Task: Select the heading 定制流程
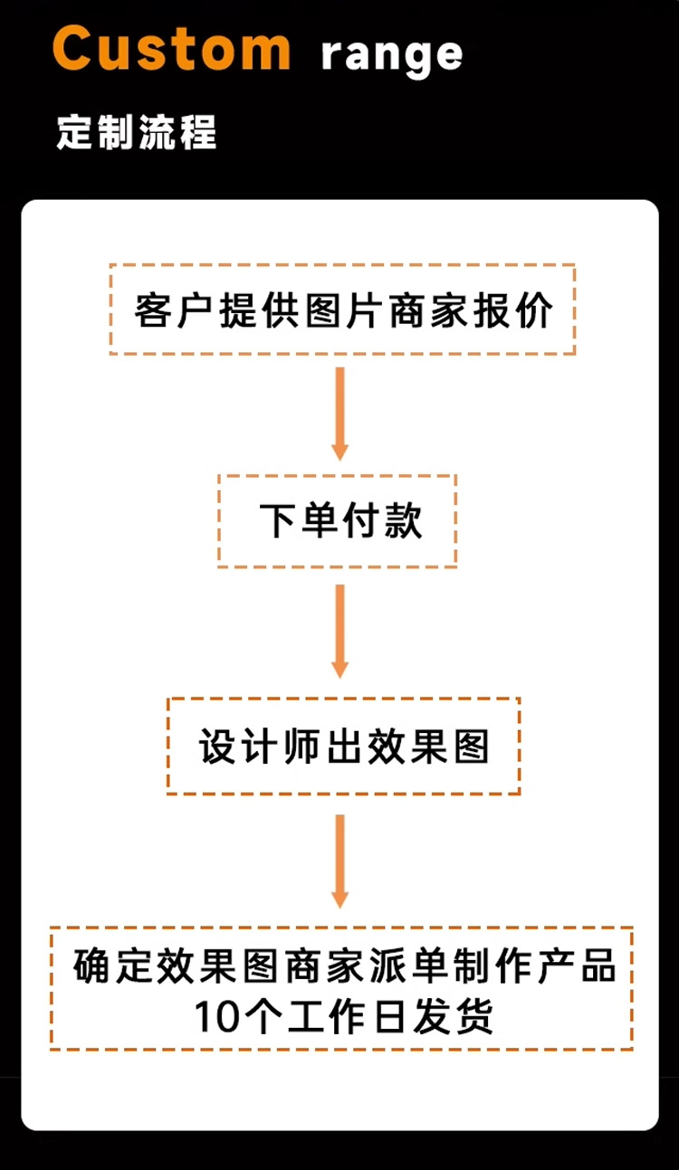pyautogui.click(x=137, y=132)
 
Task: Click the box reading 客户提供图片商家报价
pyautogui.click(x=342, y=309)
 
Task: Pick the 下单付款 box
pyautogui.click(x=337, y=521)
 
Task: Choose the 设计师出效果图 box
pyautogui.click(x=343, y=747)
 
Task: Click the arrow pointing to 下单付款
pyautogui.click(x=340, y=413)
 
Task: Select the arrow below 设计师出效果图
pyautogui.click(x=340, y=860)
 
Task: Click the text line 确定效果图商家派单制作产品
pyautogui.click(x=345, y=965)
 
